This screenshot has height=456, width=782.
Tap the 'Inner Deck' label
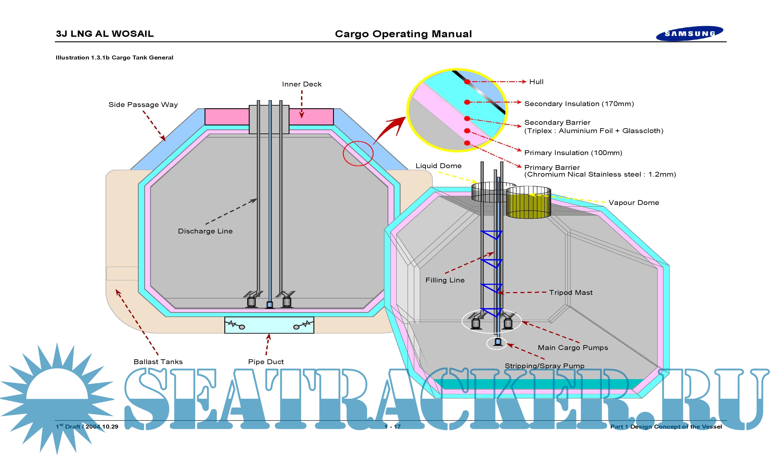click(x=302, y=84)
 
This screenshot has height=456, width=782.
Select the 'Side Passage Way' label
click(x=143, y=105)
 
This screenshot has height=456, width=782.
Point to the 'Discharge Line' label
click(x=205, y=231)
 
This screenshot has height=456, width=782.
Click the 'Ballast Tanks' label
click(x=158, y=362)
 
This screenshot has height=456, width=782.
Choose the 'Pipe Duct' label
click(x=266, y=362)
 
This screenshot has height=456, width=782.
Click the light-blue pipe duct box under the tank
click(x=269, y=325)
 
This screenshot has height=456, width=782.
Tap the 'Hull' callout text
click(x=536, y=82)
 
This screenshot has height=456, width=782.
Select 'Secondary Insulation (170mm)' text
click(x=579, y=104)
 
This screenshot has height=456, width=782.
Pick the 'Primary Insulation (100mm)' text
click(x=573, y=153)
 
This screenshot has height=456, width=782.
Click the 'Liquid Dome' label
click(x=438, y=166)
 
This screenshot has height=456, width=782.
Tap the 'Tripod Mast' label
click(x=571, y=292)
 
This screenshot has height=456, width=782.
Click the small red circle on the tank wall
click(x=358, y=153)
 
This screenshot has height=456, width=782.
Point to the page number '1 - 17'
click(x=393, y=427)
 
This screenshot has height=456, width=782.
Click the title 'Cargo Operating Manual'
click(x=403, y=34)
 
